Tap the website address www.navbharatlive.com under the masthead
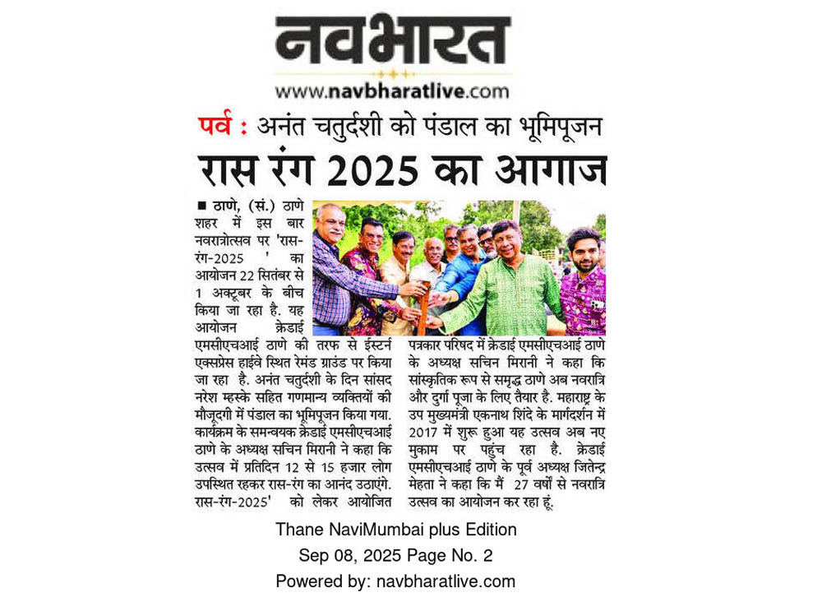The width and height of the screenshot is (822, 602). click(x=392, y=90)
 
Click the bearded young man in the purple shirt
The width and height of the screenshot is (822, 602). click(x=585, y=284)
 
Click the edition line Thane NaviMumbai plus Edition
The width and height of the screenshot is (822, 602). click(x=395, y=529)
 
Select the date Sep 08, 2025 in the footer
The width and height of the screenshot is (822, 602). click(x=347, y=555)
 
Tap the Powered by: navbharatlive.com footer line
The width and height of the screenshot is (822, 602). click(x=395, y=581)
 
